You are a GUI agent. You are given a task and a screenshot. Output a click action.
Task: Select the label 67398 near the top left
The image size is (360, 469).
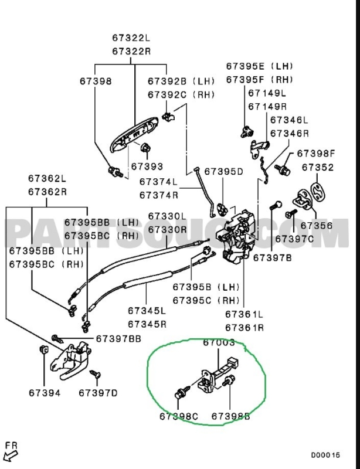96,81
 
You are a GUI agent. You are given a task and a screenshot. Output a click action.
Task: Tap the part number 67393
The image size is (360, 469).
147,166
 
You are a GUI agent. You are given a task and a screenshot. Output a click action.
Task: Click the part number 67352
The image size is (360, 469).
318,167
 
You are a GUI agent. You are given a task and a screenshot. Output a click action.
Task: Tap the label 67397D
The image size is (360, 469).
98,392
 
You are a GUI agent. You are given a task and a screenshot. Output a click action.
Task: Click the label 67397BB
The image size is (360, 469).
118,338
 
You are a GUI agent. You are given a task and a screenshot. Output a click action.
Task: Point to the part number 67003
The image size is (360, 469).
219,342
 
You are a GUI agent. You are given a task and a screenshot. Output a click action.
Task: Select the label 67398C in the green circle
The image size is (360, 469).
178,416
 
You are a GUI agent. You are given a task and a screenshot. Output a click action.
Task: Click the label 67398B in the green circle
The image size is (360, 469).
230,416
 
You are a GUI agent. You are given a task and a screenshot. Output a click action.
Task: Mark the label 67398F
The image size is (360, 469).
315,154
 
